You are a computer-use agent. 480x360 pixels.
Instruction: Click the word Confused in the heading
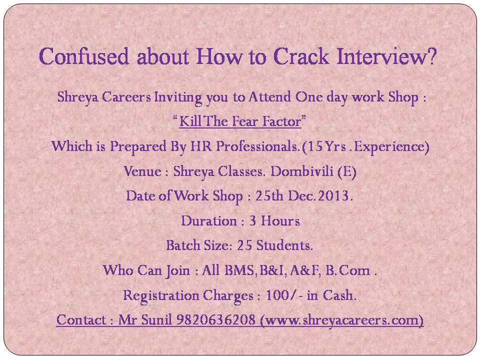coord(83,56)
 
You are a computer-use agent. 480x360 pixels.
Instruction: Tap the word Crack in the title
coord(301,56)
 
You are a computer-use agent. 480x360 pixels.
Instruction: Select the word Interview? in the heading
coord(386,56)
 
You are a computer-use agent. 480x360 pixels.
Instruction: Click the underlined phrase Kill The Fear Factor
coord(240,121)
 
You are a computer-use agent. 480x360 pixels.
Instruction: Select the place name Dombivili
coord(302,171)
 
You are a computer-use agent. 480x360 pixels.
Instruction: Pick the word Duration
coord(209,220)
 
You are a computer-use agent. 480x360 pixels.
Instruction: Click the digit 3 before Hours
coord(252,220)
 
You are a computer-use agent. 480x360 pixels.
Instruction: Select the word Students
coord(284,245)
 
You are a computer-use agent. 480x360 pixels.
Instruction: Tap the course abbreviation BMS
coord(239,270)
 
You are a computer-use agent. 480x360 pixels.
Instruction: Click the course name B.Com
coord(347,270)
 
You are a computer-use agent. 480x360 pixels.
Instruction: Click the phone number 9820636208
coord(216,319)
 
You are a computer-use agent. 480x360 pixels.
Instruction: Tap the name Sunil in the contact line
coord(157,319)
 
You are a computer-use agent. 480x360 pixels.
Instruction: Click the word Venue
coord(142,171)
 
